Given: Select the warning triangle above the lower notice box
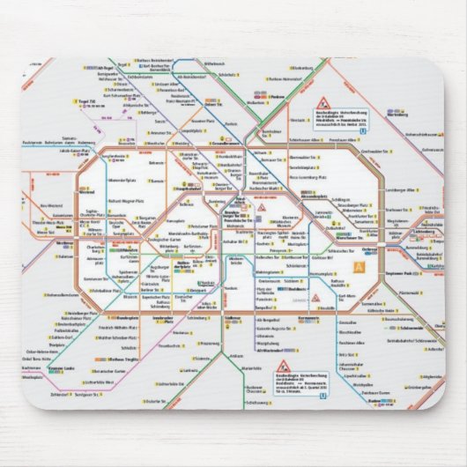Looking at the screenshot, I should [x=284, y=364].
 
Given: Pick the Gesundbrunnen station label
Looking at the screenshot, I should [x=227, y=143].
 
